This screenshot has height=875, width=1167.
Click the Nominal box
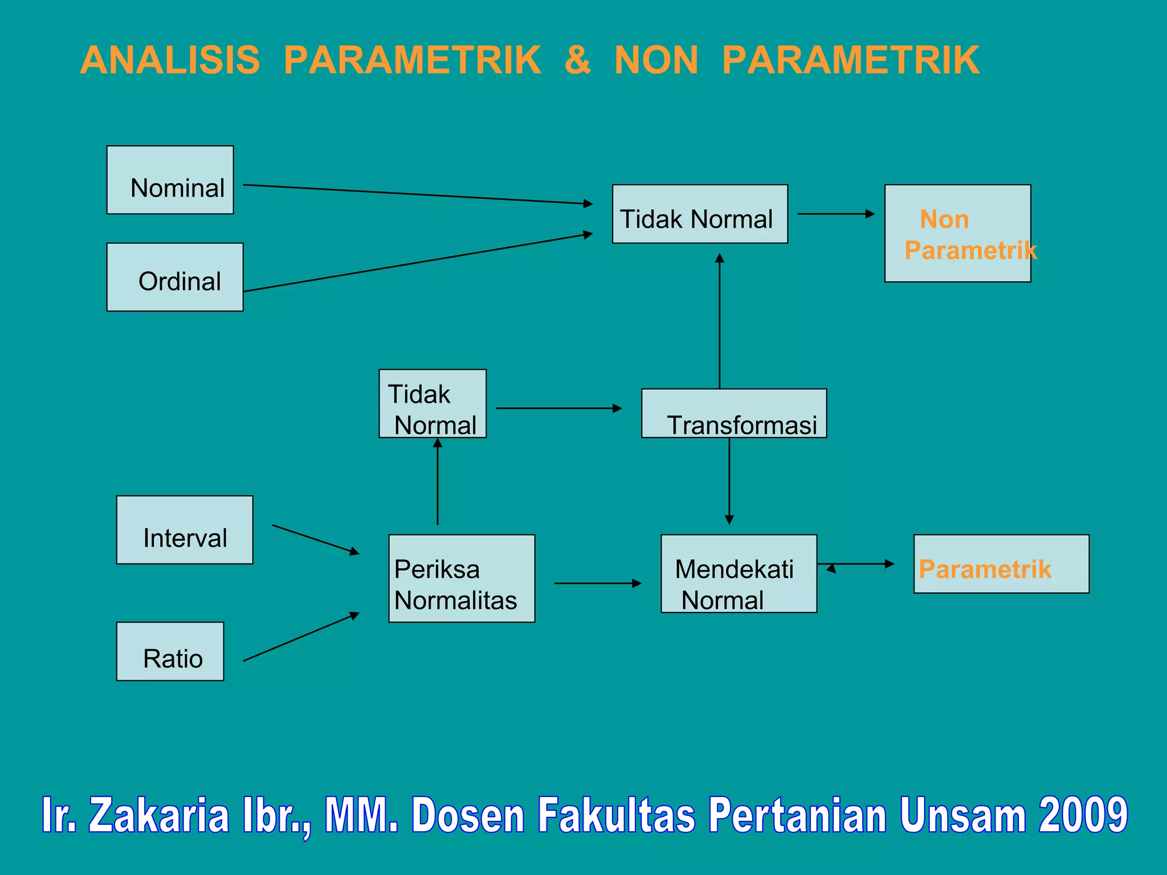170,180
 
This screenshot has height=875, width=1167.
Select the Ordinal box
175,277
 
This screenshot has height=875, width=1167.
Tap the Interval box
185,530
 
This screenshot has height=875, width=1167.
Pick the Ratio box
170,651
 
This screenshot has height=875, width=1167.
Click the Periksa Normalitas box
462,578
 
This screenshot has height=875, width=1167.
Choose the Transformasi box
734,414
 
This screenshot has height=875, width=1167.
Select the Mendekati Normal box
738,574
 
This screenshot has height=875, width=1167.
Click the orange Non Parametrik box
957,234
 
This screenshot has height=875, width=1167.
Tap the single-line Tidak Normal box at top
700,214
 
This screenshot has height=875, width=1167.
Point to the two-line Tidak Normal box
432,404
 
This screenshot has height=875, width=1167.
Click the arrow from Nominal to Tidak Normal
418,194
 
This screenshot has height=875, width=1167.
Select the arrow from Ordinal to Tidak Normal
418,263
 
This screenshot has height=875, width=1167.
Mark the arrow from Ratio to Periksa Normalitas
301,637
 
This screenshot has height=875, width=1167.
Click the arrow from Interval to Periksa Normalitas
316,539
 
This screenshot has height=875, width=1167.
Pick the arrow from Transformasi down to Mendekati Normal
729,481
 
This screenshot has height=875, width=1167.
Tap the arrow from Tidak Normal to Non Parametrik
836,214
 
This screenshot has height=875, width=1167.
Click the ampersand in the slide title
577,60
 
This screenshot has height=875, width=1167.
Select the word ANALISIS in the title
170,60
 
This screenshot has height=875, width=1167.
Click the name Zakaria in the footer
159,815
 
